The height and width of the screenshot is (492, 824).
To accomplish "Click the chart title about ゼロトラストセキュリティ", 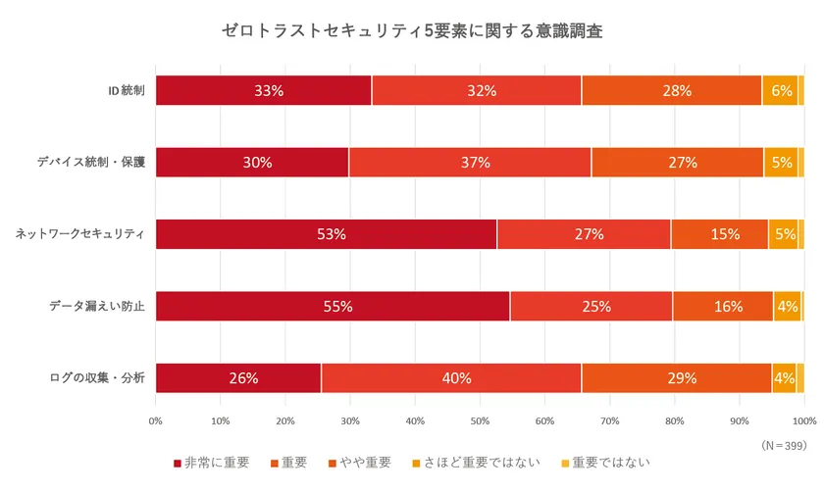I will pos(412,30).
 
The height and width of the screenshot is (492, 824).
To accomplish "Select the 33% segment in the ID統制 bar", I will pos(264,90).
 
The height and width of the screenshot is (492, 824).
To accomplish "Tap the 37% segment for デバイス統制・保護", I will pos(470,163).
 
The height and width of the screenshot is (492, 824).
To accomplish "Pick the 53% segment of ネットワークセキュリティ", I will pos(327,234).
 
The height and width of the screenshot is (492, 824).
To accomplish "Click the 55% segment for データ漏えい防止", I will pos(333,306).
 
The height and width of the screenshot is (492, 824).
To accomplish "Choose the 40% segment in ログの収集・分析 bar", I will pos(451,378).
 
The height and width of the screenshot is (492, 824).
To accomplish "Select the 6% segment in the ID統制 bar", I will pos(781,90).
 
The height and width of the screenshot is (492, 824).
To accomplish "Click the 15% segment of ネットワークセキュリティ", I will pos(719,234).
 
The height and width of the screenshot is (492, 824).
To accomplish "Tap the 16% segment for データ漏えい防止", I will pos(723,306).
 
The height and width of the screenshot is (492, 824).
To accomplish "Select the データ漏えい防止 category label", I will pos(97,307).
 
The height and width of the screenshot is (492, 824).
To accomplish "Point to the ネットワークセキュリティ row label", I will pos(80,234).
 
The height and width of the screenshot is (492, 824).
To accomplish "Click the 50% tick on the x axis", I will pos(480,420).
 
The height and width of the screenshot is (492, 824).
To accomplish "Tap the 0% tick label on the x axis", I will pos(156,420).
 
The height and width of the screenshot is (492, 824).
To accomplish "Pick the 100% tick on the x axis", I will pos(803,420).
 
